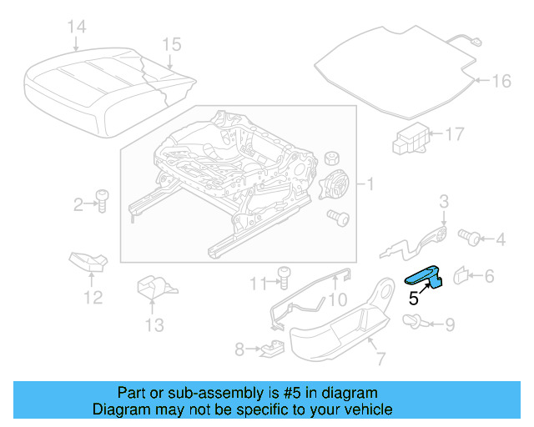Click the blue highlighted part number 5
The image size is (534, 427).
pyautogui.click(x=427, y=279)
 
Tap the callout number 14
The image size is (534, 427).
pyautogui.click(x=76, y=28)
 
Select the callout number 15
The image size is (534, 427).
pyautogui.click(x=171, y=43)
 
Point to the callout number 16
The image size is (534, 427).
pyautogui.click(x=500, y=81)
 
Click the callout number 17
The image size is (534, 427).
pyautogui.click(x=453, y=133)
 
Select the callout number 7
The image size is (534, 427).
pyautogui.click(x=380, y=360)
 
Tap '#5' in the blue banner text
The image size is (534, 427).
pyautogui.click(x=275, y=392)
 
